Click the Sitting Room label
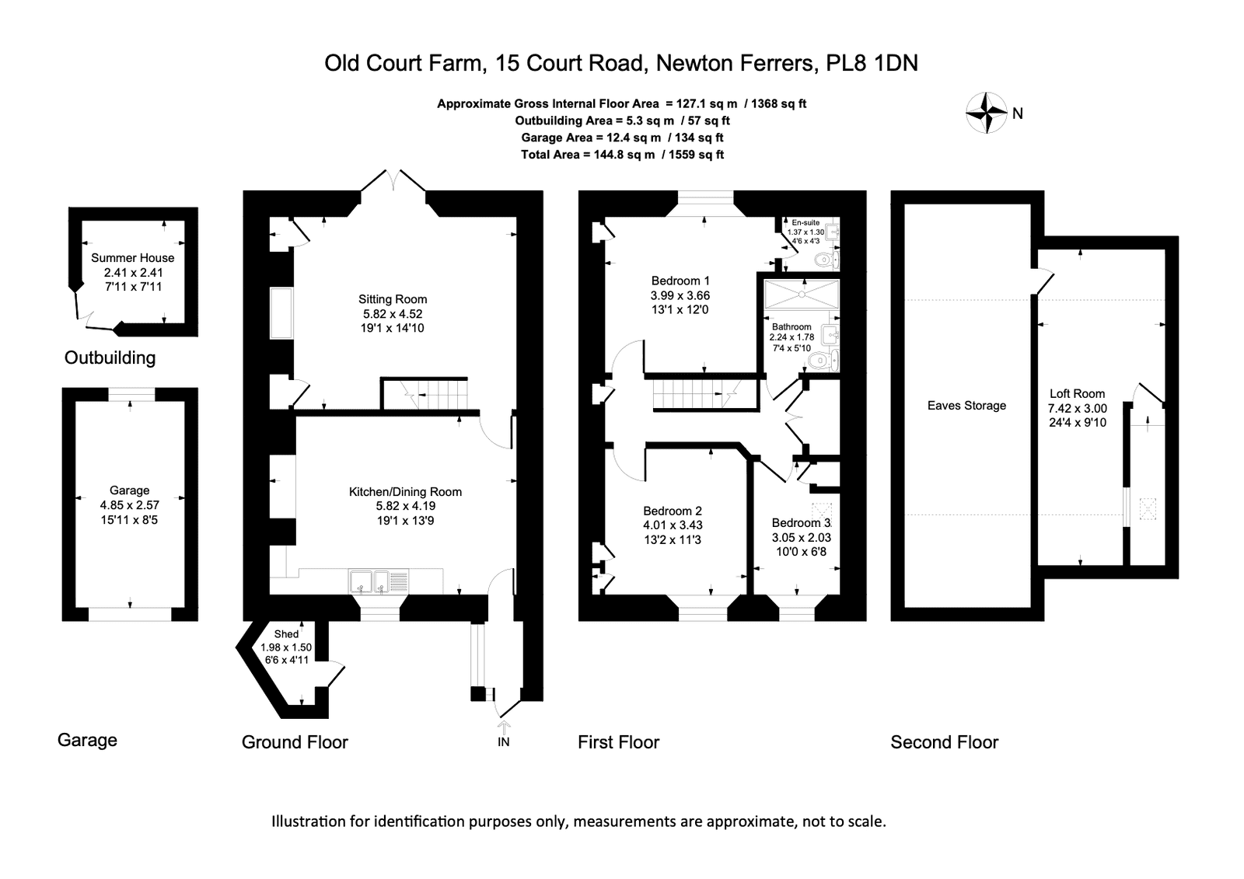pos(393,299)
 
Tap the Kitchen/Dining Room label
pos(405,491)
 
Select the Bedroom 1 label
pos(680,281)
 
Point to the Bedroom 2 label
pos(673,511)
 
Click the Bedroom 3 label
pos(802,523)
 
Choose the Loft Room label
pos(1078,394)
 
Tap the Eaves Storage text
pos(967,406)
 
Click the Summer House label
pos(133,258)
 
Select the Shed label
pos(287,634)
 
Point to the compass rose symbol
pos(987,113)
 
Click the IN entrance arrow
pos(504,727)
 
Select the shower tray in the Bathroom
pos(802,294)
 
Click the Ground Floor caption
pos(295,742)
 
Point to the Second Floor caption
pos(945,742)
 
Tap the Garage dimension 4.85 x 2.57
pos(129,505)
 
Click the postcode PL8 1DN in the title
pos(872,63)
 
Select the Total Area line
pos(622,155)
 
